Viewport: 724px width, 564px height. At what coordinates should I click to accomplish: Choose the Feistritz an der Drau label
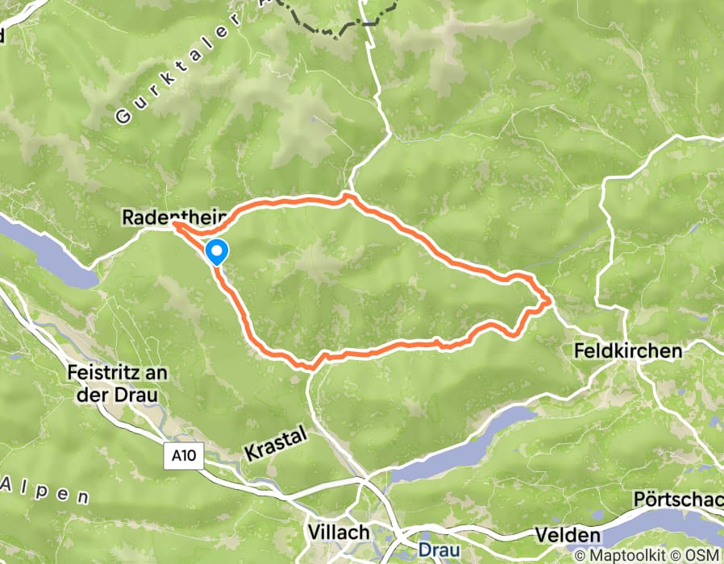112,384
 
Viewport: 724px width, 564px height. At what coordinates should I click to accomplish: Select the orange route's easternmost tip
551,301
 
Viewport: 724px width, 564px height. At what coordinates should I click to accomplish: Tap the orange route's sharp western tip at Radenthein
173,226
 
